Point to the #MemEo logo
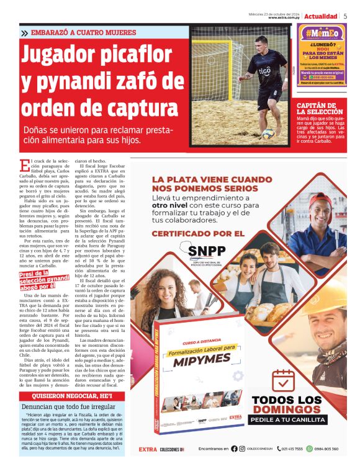pyautogui.click(x=322, y=33)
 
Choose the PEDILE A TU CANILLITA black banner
pyautogui.click(x=287, y=420)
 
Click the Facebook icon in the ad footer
pyautogui.click(x=234, y=449)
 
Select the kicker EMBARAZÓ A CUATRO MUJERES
pyautogui.click(x=82, y=32)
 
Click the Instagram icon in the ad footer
pyautogui.click(x=243, y=449)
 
